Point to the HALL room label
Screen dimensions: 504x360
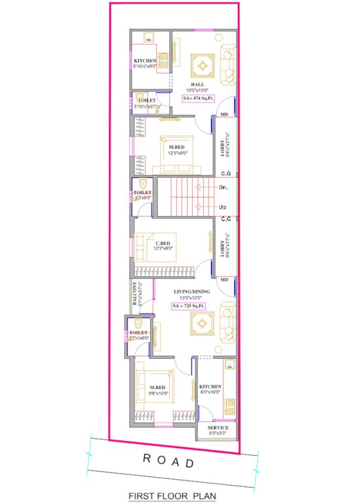[197, 84]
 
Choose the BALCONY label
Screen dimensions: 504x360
[134, 295]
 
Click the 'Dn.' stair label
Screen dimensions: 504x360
[223, 187]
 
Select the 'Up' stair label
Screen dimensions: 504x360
[223, 207]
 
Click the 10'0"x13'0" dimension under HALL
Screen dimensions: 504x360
[197, 91]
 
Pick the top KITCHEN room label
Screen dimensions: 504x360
[145, 61]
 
